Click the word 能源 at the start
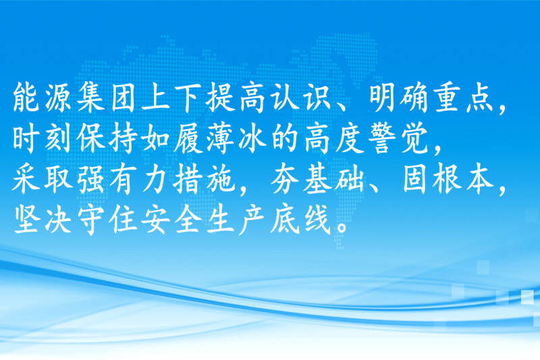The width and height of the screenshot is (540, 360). (x=41, y=98)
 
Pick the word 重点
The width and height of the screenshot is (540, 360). (x=463, y=98)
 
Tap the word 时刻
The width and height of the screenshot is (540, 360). (x=41, y=139)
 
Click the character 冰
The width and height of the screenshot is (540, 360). (x=252, y=139)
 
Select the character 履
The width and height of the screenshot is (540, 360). (x=188, y=139)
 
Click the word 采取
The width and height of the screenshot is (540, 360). (x=41, y=180)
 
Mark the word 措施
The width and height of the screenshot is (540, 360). (x=204, y=180)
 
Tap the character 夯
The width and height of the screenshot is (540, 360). (x=285, y=180)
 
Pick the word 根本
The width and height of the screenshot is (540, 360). (x=463, y=180)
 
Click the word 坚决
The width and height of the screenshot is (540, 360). (x=41, y=220)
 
